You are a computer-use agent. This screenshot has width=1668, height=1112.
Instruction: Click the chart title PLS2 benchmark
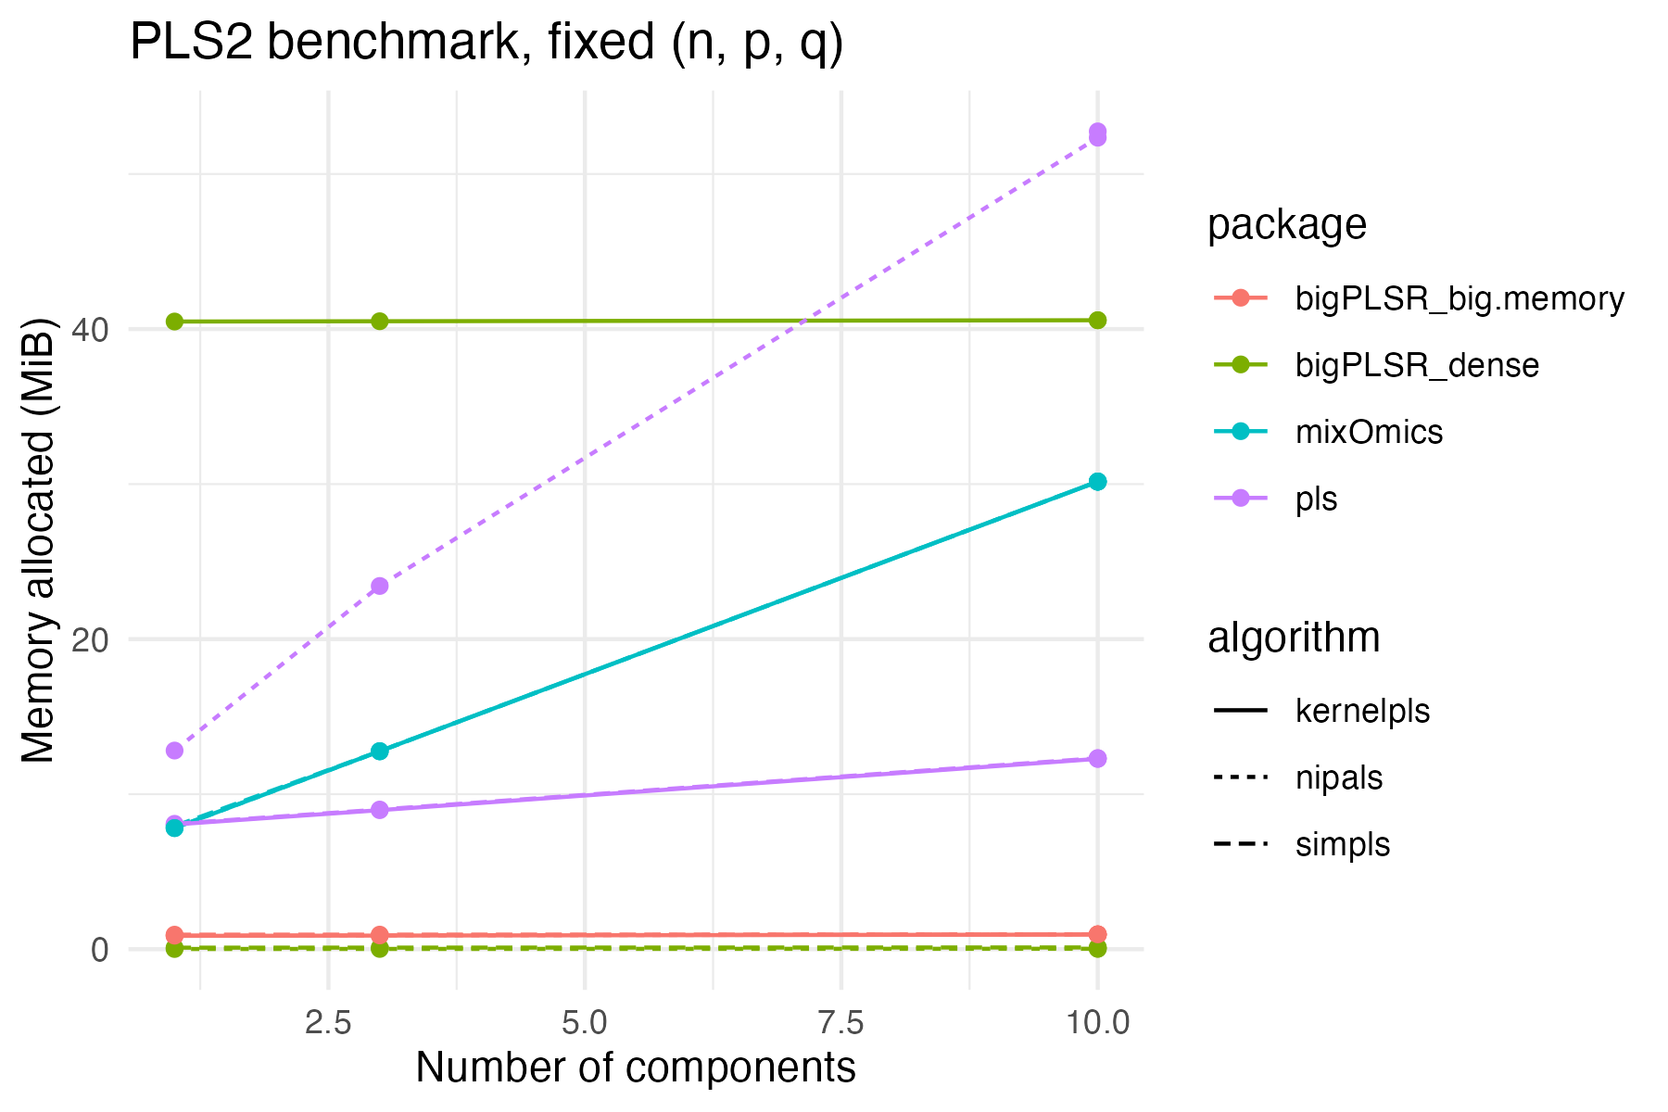pyautogui.click(x=486, y=43)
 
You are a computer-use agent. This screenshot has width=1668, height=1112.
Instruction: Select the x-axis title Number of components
pyautogui.click(x=635, y=1068)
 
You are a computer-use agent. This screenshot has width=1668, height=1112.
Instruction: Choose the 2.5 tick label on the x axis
pyautogui.click(x=328, y=1023)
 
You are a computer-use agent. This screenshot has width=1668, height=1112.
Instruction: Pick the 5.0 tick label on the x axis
pyautogui.click(x=585, y=1023)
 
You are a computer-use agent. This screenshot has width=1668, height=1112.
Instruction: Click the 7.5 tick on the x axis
pyautogui.click(x=840, y=1023)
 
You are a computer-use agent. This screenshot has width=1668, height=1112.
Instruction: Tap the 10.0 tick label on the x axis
pyautogui.click(x=1097, y=1023)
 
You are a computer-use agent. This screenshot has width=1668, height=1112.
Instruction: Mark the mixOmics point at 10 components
pyautogui.click(x=1097, y=481)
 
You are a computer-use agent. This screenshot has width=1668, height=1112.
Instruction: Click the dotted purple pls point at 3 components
pyautogui.click(x=379, y=586)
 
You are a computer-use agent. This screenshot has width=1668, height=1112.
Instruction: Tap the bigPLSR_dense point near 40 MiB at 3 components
pyautogui.click(x=379, y=321)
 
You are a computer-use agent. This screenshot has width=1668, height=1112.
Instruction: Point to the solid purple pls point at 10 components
pyautogui.click(x=1097, y=758)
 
